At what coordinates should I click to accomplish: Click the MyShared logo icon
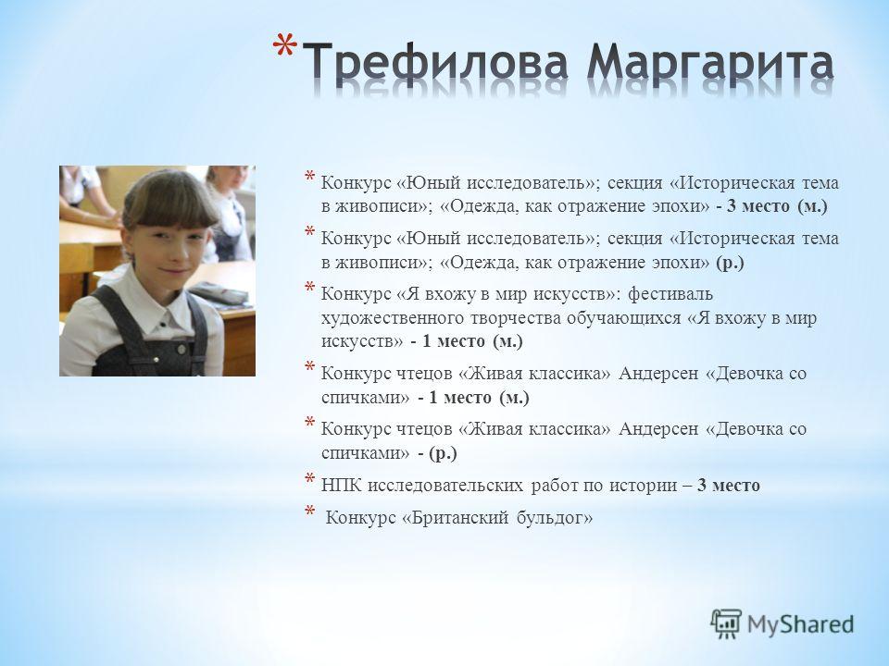726,624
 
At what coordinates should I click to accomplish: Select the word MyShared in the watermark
800,624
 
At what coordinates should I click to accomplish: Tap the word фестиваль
670,294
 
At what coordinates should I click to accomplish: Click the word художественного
393,317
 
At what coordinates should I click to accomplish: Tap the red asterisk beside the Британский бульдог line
310,512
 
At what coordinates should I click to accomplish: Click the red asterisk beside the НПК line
310,479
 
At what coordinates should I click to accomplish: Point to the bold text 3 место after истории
729,486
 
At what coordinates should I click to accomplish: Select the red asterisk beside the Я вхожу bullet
310,288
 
